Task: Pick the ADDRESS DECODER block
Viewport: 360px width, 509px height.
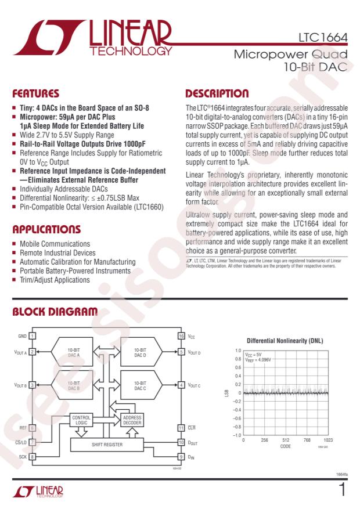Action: (132, 420)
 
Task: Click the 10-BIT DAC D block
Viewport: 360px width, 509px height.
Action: (140, 352)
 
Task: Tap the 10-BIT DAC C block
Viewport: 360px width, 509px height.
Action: (140, 385)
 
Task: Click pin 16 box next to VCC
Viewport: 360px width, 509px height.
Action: (181, 336)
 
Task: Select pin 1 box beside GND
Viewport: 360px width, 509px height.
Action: (33, 336)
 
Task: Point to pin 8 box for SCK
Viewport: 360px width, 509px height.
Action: (33, 457)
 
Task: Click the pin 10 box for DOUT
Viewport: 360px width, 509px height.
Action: (181, 443)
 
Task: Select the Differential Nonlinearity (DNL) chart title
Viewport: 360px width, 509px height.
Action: (285, 341)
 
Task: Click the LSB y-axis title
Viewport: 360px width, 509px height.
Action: (228, 393)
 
